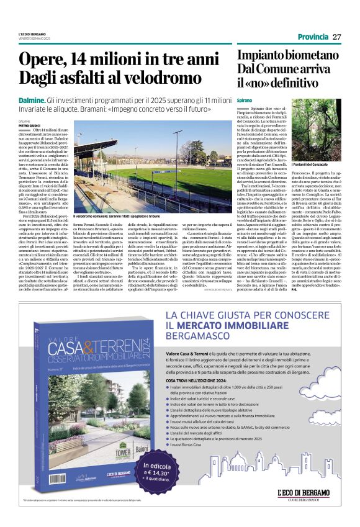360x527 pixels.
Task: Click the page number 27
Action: tap(337, 37)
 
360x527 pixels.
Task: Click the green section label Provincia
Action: tap(313, 37)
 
